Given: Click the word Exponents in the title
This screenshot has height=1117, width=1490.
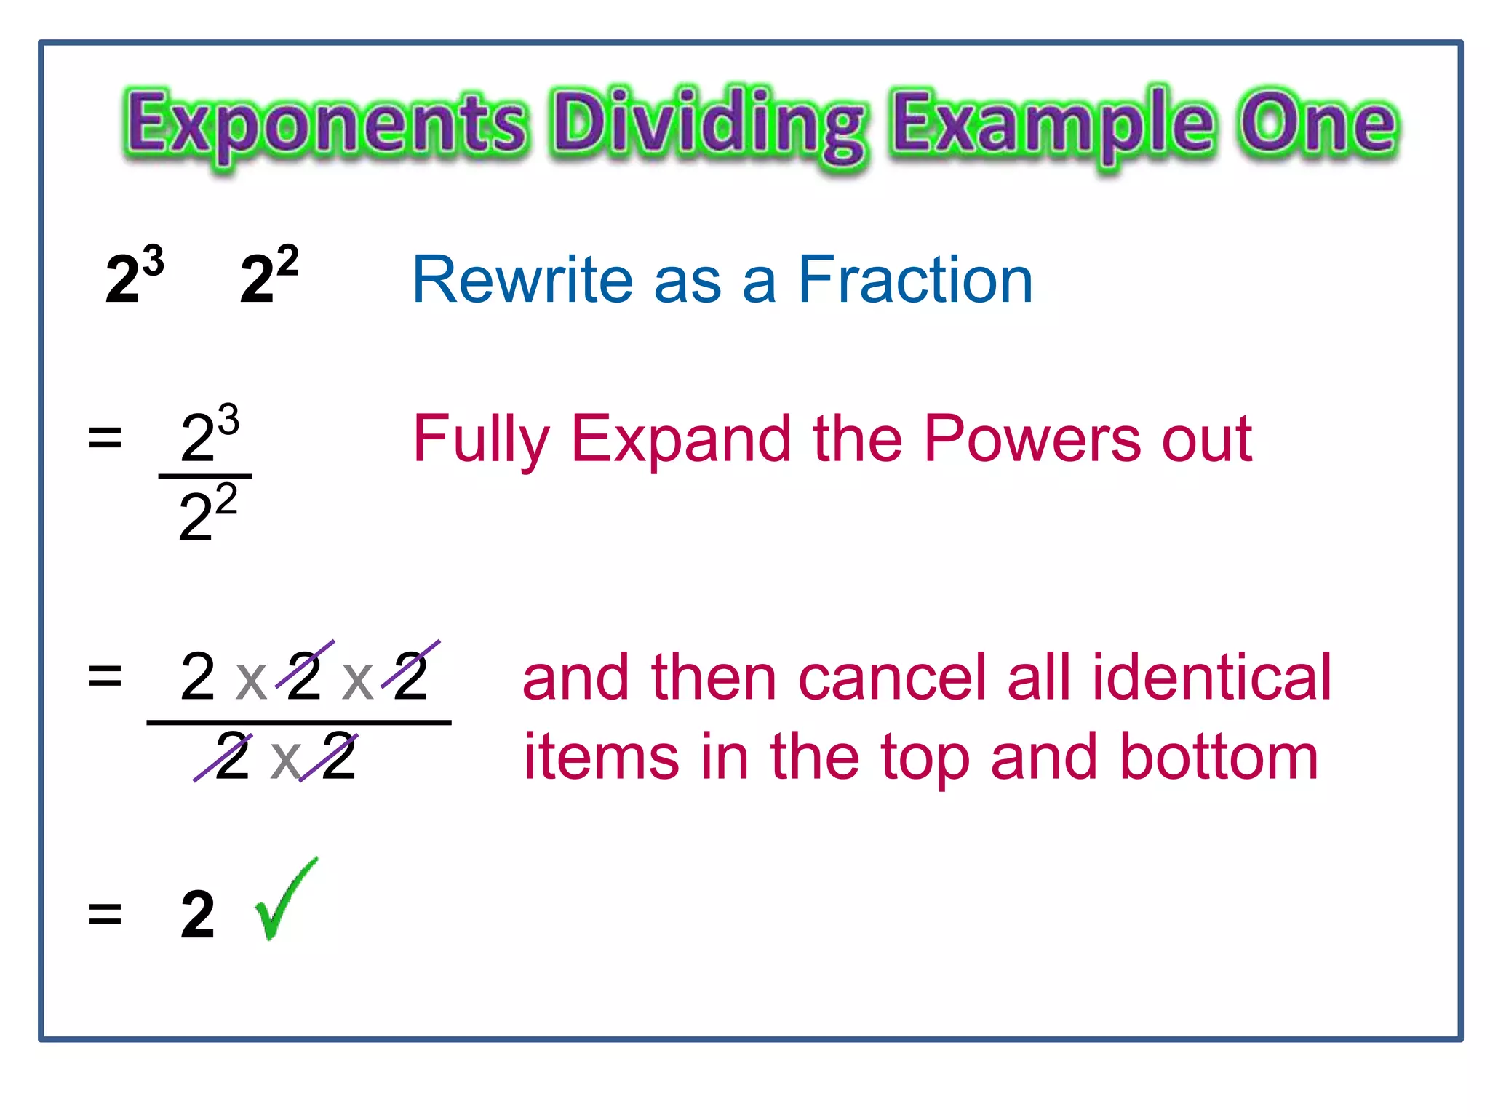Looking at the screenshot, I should point(325,124).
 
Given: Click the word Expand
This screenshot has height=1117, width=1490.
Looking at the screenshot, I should point(681,440).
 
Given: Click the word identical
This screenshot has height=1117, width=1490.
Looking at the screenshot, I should point(1211,678).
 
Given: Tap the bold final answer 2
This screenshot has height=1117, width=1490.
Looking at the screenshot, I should point(197,915).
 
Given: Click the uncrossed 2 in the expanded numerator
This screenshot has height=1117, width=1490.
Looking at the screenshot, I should point(197,677).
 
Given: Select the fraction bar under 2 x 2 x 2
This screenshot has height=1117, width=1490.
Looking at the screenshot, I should point(298,722).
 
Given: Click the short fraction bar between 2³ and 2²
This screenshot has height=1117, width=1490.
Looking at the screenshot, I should point(205,476).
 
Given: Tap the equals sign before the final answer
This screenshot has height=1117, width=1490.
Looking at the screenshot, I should point(105,915).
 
